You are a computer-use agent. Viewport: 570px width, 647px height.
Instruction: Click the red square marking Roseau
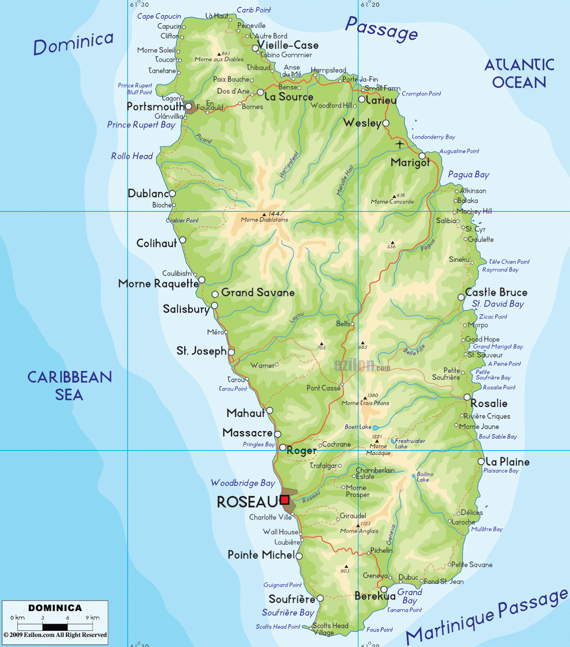285,500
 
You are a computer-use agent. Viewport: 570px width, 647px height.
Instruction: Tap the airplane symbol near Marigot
400,144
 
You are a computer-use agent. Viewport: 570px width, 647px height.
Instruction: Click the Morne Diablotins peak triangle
264,214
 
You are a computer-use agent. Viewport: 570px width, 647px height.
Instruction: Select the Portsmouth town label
156,106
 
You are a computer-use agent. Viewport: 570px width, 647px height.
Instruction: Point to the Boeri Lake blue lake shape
376,427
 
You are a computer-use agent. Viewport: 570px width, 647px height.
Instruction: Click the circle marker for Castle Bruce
461,297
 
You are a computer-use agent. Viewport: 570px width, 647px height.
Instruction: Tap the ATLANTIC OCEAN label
519,74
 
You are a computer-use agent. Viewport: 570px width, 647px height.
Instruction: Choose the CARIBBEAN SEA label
69,386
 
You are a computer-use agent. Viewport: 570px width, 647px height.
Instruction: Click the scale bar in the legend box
55,627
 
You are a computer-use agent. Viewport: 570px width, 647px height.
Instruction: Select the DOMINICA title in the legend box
55,608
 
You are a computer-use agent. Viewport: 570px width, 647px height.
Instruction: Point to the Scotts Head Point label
278,627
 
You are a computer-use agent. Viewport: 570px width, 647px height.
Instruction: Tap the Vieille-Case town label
288,45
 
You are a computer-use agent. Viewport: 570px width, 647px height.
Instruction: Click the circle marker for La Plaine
481,461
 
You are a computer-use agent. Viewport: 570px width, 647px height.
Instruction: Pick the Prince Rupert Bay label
141,125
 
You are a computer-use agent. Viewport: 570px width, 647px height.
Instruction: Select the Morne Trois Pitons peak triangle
365,398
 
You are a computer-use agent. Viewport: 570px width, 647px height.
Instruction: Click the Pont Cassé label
323,388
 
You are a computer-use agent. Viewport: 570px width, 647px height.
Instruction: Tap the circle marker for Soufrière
320,598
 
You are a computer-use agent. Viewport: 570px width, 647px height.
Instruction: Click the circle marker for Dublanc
172,193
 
